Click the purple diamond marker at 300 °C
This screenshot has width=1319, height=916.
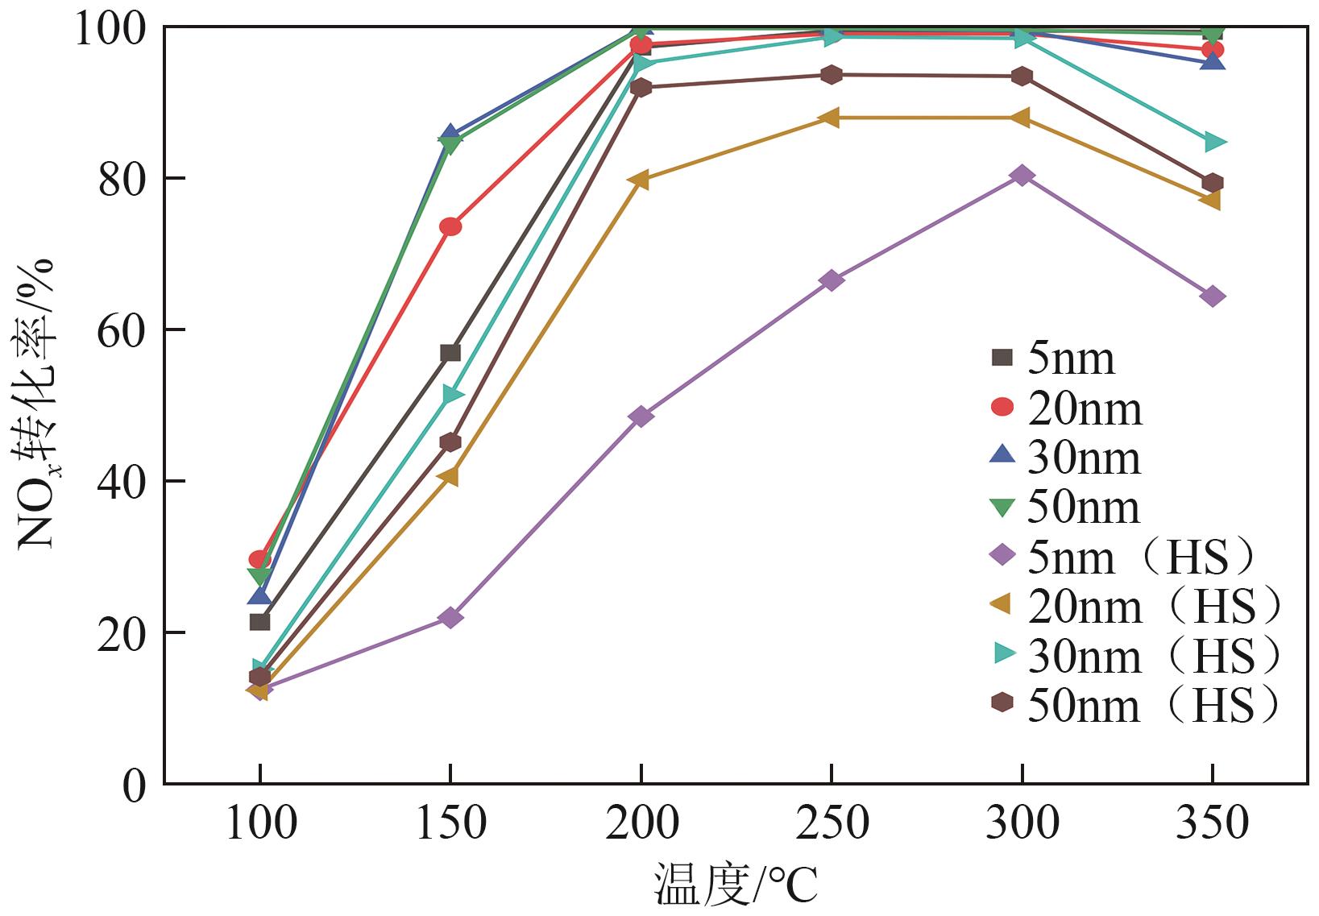coord(1022,176)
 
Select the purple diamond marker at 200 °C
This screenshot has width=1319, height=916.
coord(641,417)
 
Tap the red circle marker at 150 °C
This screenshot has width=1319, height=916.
coord(450,226)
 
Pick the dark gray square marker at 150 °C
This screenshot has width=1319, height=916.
coord(450,353)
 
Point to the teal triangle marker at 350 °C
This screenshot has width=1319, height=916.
coord(1213,143)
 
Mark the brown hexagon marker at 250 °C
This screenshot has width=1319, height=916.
coord(832,75)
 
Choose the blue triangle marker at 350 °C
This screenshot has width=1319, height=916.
coord(1213,61)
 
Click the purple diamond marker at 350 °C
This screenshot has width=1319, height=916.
coord(1213,296)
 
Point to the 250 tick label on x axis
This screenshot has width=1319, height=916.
coord(832,823)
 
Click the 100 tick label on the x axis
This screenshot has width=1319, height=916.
coord(260,823)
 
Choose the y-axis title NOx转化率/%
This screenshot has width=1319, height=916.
coord(35,403)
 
